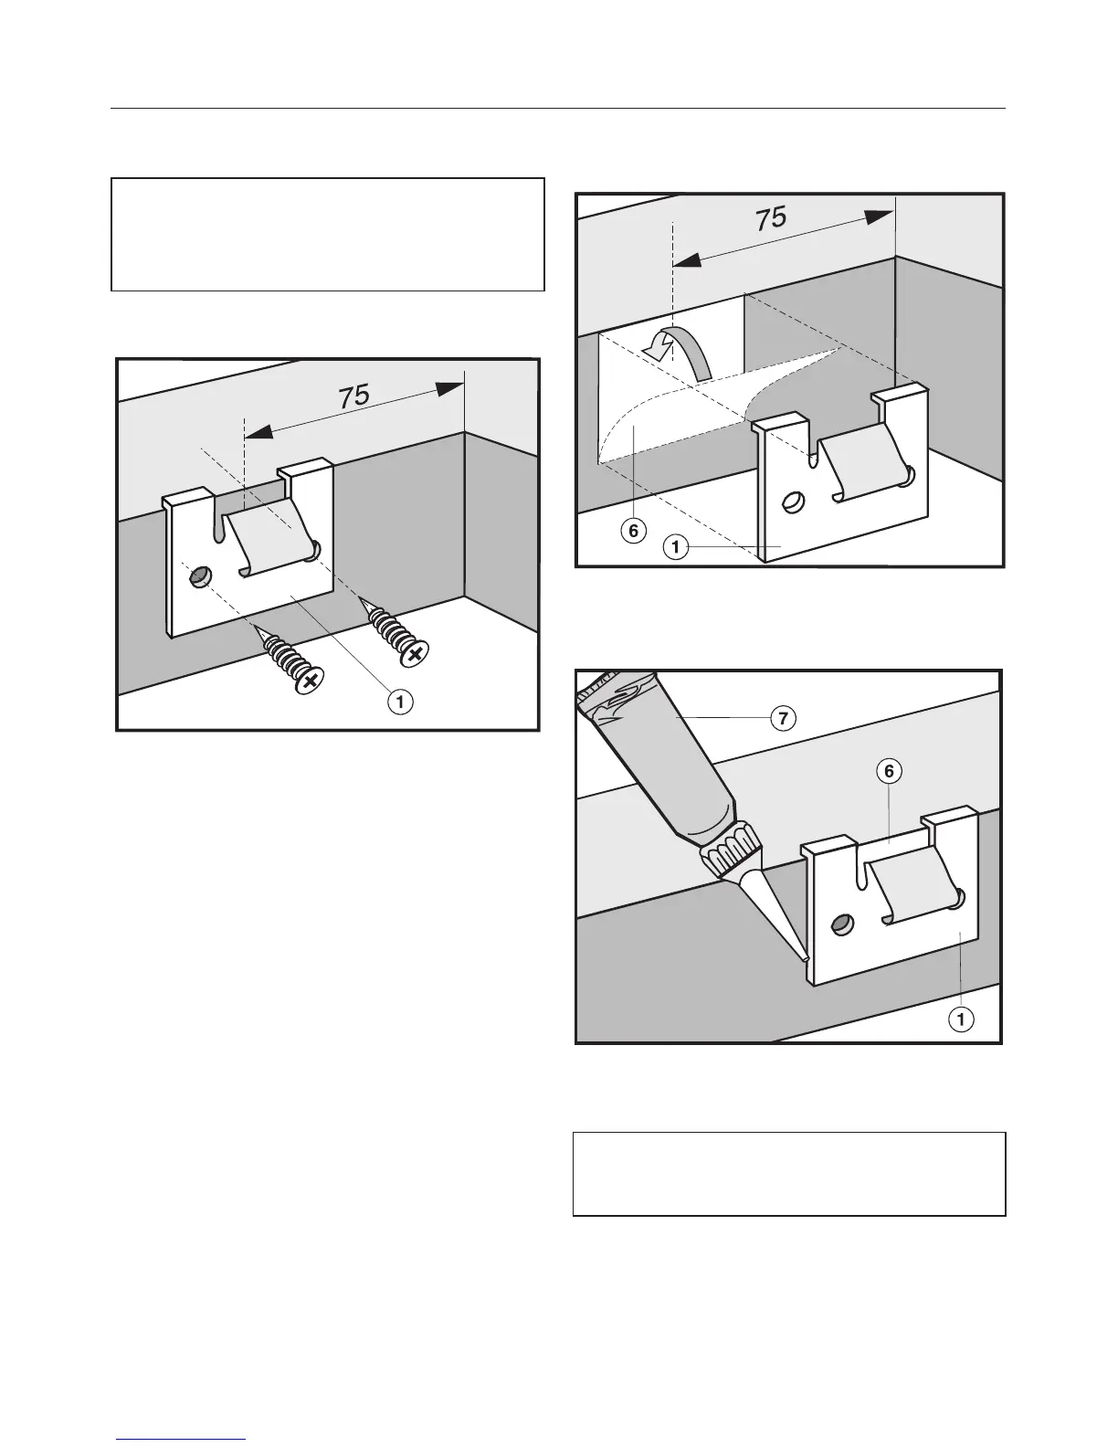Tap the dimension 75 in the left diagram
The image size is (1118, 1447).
tap(354, 396)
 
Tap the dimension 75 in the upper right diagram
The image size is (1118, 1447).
tap(771, 217)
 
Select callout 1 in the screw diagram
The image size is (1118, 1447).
tap(399, 702)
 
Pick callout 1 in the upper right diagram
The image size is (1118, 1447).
tap(675, 547)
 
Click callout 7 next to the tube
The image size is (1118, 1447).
tap(781, 718)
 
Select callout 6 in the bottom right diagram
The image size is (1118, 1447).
tap(888, 771)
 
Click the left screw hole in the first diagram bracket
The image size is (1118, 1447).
tap(198, 576)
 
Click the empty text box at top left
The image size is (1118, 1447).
tap(328, 234)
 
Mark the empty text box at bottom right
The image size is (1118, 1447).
tap(789, 1174)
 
